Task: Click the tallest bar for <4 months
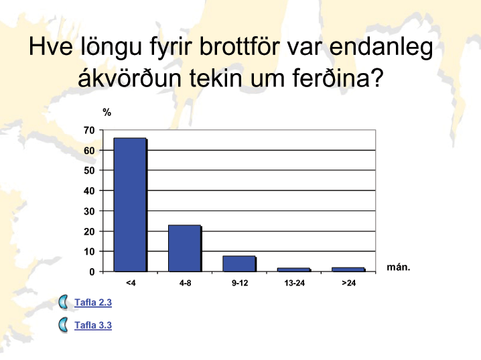(130, 204)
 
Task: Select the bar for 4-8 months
(185, 248)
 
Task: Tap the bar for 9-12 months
(239, 263)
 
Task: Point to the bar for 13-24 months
(294, 269)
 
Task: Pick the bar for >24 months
(348, 269)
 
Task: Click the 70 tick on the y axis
(89, 131)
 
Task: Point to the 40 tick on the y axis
(89, 191)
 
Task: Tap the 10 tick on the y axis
(89, 251)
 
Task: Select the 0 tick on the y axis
(92, 272)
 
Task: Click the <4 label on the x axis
(131, 283)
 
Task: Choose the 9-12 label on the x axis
(240, 283)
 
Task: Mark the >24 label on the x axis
(349, 283)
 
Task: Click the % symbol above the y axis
(107, 113)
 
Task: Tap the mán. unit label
(399, 267)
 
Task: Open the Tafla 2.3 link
(93, 302)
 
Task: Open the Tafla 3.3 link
(93, 325)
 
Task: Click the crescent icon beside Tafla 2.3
(63, 302)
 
